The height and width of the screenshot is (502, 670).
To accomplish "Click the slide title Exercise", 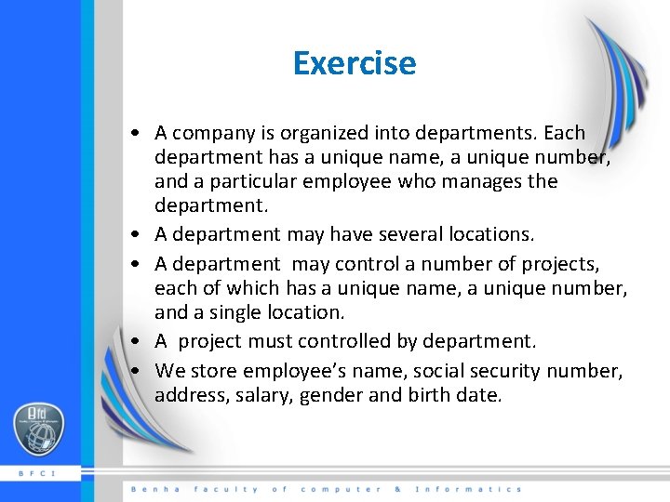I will click(354, 63).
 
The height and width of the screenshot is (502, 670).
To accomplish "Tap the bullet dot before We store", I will click(136, 371).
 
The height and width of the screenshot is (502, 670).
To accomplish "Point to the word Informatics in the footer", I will click(468, 489).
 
